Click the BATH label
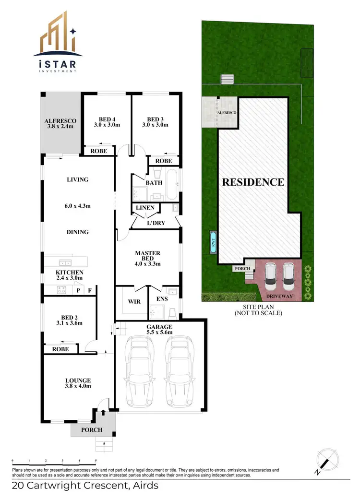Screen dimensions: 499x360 tap(155, 182)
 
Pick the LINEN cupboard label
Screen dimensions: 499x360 tap(145, 208)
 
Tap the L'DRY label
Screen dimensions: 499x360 tap(156, 223)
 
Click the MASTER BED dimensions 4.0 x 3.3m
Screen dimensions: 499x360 tap(147, 263)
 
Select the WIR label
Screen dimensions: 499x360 tap(134, 302)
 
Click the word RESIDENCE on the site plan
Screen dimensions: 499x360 tap(252, 182)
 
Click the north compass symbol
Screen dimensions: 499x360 tap(326, 461)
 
